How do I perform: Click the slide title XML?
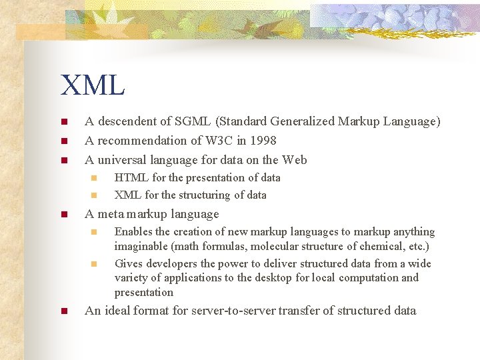[93, 85]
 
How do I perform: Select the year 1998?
[263, 141]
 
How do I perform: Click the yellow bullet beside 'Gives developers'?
[94, 264]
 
